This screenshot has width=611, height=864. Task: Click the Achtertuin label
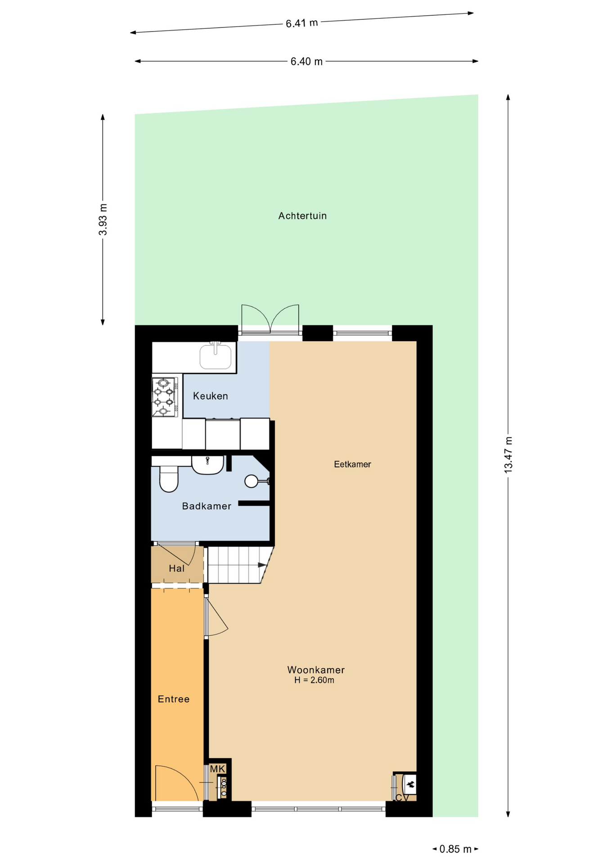(x=302, y=216)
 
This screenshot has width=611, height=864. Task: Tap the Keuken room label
(x=211, y=396)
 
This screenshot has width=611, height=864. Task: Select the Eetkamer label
(x=352, y=464)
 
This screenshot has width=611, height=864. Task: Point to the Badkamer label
(x=207, y=506)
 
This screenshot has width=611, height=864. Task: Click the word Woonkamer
(x=316, y=670)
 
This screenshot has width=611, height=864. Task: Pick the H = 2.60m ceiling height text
(x=314, y=680)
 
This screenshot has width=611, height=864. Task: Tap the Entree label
(x=174, y=699)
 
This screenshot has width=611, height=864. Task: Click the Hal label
(x=177, y=568)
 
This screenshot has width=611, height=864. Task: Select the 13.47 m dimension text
(x=508, y=454)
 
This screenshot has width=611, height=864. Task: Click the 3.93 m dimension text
(x=103, y=220)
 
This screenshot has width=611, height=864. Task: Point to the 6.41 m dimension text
(x=302, y=23)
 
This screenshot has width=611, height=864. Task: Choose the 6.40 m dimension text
(x=306, y=62)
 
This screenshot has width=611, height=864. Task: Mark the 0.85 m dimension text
(x=455, y=849)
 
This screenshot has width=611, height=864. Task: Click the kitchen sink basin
(x=216, y=356)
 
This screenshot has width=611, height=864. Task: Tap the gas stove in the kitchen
(x=165, y=397)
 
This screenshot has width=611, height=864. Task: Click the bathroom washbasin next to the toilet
(x=208, y=465)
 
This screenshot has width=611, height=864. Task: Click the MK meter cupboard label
(x=218, y=769)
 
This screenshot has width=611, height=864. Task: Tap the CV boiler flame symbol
(x=410, y=785)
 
